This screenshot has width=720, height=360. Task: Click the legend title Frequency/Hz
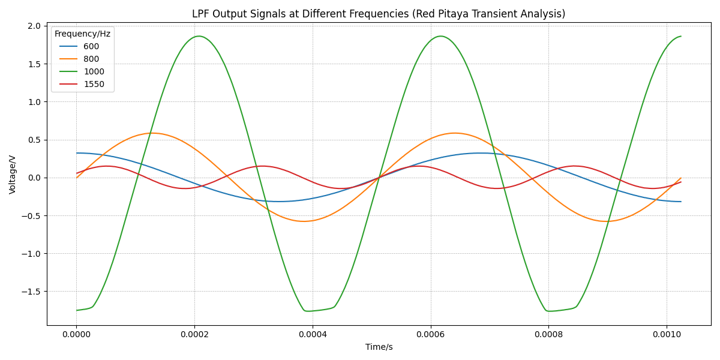coord(82,34)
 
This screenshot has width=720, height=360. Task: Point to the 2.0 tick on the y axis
coord(34,26)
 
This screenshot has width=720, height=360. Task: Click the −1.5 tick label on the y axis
coord(31,292)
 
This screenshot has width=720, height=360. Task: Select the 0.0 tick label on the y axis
coord(34,178)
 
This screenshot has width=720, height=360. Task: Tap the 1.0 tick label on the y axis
coord(34,102)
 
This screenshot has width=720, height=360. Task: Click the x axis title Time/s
coord(379,347)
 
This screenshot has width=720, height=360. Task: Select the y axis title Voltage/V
coord(13,174)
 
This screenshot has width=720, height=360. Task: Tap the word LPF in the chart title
coord(201,14)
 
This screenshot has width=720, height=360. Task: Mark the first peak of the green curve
coord(199,36)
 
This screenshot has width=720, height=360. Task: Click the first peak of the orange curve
coord(152,133)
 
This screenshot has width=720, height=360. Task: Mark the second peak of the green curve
coord(441,36)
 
